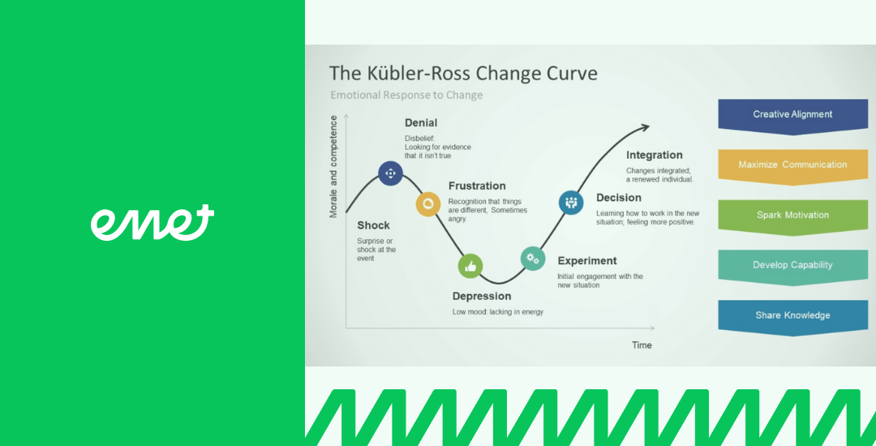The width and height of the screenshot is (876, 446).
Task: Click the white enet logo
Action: coord(152,223)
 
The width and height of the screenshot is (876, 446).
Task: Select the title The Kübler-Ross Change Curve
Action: coord(463,74)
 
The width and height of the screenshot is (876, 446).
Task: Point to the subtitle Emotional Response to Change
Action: coord(406,95)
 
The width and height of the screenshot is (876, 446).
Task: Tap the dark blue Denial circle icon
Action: coord(390,173)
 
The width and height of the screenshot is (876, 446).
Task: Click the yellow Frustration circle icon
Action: coord(428,204)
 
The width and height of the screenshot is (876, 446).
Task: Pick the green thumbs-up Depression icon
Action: coord(470,266)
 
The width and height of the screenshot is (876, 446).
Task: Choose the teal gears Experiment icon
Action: coord(533,259)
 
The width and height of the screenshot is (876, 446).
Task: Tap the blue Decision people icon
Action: coord(571,203)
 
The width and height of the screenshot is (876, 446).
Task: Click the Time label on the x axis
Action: coord(642,345)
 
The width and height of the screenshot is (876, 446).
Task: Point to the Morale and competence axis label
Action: coord(333,166)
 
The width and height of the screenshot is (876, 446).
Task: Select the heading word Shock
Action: coord(374,225)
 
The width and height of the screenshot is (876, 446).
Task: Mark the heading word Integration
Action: coord(655,155)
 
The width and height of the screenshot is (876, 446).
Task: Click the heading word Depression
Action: coord(482,297)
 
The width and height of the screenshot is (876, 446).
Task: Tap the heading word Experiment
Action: coord(587,260)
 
